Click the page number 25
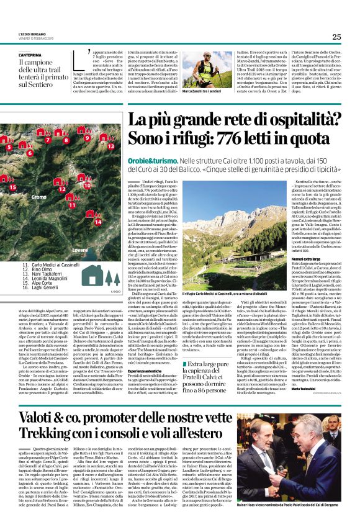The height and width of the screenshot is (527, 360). point(336,37)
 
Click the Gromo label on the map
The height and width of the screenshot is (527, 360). point(56,197)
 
